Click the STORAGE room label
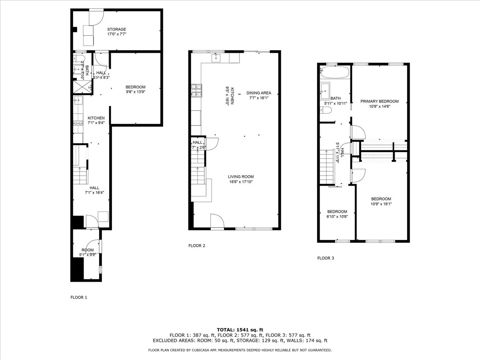click(x=116, y=29)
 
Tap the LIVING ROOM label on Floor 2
click(x=241, y=176)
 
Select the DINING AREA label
click(x=258, y=93)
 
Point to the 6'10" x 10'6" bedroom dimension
click(x=337, y=217)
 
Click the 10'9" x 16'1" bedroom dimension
click(x=381, y=204)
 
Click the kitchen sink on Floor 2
click(x=216, y=58)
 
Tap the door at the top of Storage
click(x=96, y=16)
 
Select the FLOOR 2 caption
click(x=197, y=246)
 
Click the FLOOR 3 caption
click(x=326, y=258)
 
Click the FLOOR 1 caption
click(x=78, y=297)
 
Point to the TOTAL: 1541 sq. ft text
click(x=240, y=329)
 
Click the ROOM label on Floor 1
click(x=88, y=250)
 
